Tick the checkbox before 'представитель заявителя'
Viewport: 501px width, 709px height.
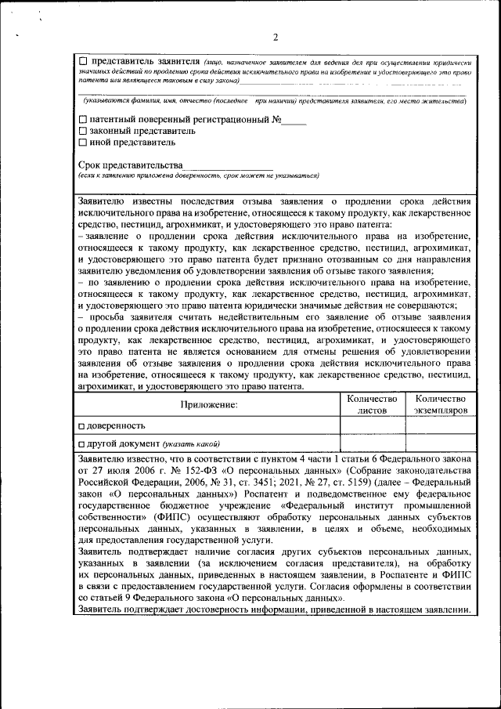(84, 61)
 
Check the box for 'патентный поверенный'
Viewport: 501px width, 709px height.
(83, 121)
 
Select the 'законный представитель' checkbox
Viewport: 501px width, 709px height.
(83, 132)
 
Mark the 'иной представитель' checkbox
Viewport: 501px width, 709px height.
(83, 143)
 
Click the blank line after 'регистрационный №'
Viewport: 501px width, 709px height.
(294, 122)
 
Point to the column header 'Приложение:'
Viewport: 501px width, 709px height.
(208, 405)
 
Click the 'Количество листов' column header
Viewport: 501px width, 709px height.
(372, 404)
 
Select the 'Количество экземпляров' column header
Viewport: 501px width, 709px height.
(441, 404)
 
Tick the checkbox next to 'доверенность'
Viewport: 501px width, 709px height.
(82, 425)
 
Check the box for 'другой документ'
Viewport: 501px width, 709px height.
(82, 443)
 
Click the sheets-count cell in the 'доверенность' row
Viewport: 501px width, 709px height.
(372, 425)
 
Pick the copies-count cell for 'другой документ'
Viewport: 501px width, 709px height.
(441, 443)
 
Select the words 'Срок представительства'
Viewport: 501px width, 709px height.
(130, 165)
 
